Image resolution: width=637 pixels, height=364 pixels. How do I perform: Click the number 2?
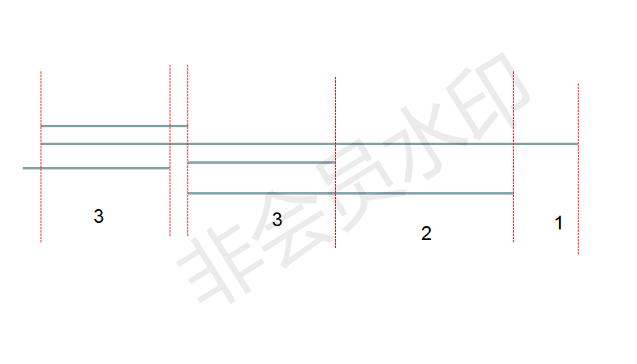tap(426, 233)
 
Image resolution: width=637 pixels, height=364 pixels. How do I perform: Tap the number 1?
tap(558, 223)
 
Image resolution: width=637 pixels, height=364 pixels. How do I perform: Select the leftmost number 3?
tap(99, 216)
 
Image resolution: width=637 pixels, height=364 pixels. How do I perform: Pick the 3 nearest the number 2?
tap(277, 220)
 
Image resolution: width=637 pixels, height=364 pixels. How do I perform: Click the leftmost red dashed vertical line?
tap(41, 156)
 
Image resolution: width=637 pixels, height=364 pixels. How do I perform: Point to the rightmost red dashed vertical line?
tap(578, 169)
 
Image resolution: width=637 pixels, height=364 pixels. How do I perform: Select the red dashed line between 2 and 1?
tap(513, 156)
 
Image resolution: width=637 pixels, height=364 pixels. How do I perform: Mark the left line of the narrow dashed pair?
tap(170, 150)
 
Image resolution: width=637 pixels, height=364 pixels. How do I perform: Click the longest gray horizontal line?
tap(309, 143)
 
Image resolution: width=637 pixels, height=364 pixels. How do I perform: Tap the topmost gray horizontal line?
tap(114, 126)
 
